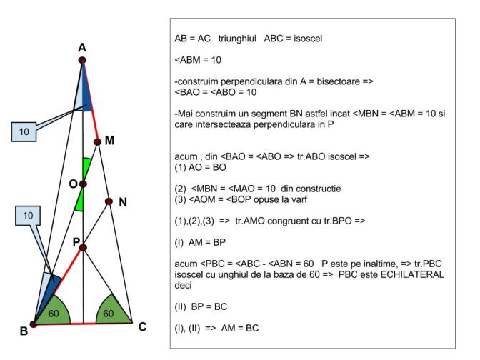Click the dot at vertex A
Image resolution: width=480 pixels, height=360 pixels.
82,60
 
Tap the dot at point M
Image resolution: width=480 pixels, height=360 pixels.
97,141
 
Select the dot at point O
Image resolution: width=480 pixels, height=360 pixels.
83,184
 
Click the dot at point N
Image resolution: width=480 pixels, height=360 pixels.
109,201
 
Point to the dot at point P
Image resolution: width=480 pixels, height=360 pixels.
83,247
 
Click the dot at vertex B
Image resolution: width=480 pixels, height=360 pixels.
34,324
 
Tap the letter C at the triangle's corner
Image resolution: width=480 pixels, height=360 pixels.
142,327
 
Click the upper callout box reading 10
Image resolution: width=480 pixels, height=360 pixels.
24,132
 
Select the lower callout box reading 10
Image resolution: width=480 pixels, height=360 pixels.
28,216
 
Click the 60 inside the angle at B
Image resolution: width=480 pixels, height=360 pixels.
54,314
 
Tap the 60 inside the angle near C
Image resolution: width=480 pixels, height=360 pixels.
109,314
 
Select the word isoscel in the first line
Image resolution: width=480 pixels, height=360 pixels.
308,39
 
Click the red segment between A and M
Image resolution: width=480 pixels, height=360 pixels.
90,101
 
